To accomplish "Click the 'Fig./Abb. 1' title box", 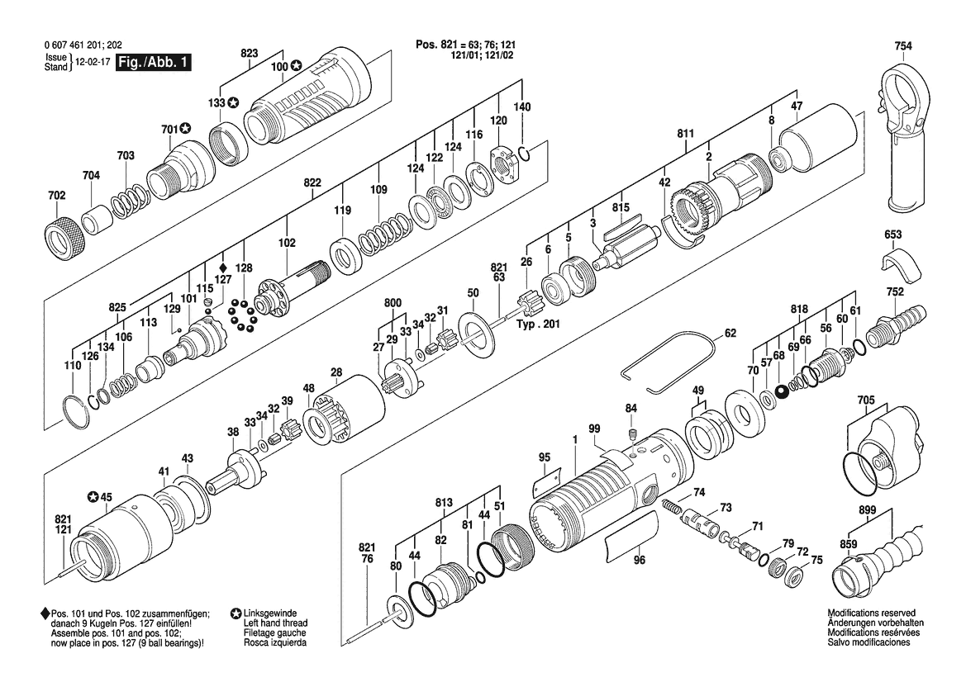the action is pyautogui.click(x=154, y=63).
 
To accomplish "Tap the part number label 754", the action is pyautogui.click(x=903, y=46).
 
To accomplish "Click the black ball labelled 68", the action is pyautogui.click(x=783, y=392).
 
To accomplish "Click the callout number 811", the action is pyautogui.click(x=685, y=134).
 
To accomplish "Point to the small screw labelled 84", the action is pyautogui.click(x=631, y=435).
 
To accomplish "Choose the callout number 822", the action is pyautogui.click(x=312, y=182).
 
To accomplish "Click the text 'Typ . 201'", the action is pyautogui.click(x=538, y=324).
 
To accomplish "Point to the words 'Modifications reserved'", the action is pyautogui.click(x=871, y=613).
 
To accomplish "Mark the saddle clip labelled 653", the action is pyautogui.click(x=900, y=263).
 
